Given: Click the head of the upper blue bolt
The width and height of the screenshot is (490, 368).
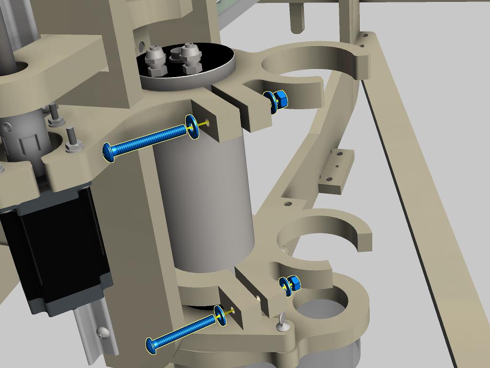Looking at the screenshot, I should point(109,152).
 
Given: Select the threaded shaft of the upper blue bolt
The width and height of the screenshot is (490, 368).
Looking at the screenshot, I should point(148,139).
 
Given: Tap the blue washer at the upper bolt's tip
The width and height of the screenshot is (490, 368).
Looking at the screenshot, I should point(193,127).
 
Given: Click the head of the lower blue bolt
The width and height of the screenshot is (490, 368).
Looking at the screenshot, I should point(152,345).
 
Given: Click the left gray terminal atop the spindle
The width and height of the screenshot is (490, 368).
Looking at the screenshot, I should point(156,60).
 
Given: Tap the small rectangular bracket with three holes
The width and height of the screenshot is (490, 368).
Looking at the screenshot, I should point(336,170).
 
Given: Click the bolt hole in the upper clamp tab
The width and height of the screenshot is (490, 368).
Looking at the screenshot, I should point(206,122).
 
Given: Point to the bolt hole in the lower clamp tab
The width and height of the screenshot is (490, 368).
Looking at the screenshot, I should point(232,309).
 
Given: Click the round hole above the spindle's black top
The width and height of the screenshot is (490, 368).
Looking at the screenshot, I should point(142,46).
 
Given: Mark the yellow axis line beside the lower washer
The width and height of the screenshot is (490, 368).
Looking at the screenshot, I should point(230,312).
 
